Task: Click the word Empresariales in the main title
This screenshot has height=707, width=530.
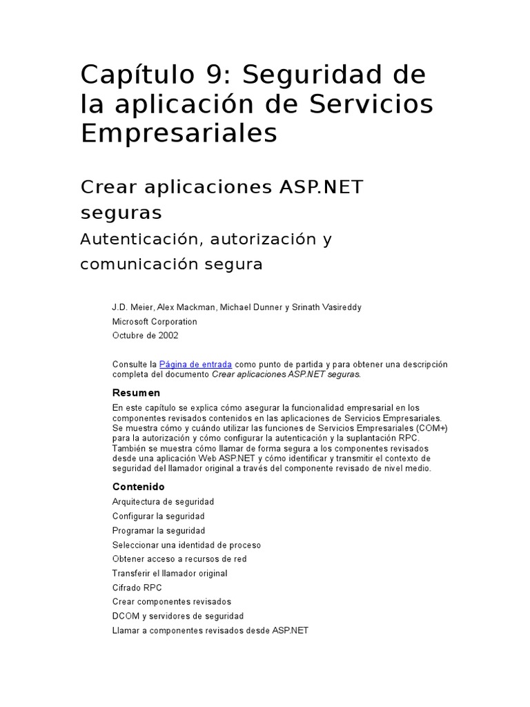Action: click(179, 133)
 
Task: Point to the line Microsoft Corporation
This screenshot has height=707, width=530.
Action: click(155, 321)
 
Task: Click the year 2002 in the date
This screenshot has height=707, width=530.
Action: click(167, 336)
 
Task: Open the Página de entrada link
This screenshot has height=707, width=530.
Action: click(195, 364)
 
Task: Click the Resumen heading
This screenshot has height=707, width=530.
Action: click(136, 393)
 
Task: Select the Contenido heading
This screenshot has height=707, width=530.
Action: click(139, 487)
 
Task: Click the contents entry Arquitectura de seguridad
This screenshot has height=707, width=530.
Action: click(163, 501)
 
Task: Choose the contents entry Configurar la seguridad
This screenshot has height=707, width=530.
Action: click(158, 516)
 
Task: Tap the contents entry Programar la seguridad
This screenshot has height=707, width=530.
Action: click(159, 530)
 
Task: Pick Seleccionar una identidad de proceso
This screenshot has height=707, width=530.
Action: click(186, 545)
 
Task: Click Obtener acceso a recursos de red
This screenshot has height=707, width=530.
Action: click(179, 559)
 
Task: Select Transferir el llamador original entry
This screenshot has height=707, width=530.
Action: click(170, 573)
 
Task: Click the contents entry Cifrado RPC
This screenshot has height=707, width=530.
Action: click(137, 588)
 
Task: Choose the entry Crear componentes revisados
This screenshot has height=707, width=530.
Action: click(172, 602)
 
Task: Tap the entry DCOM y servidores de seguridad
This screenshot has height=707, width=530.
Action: click(177, 616)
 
